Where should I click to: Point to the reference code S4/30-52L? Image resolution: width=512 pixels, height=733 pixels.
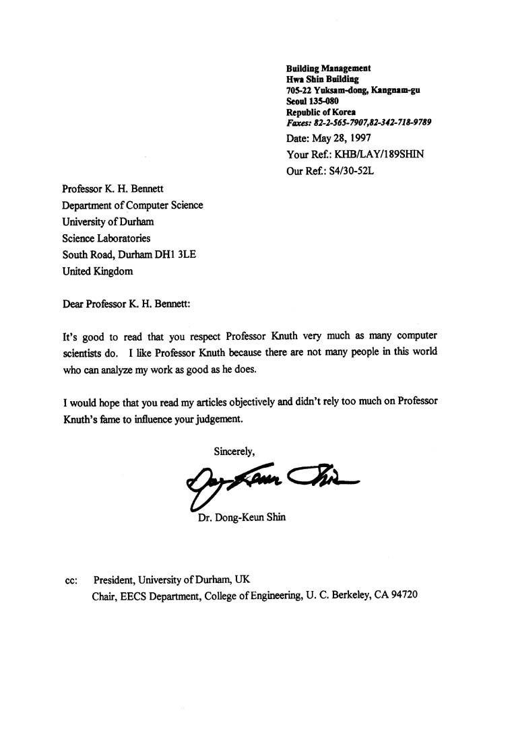coord(349,171)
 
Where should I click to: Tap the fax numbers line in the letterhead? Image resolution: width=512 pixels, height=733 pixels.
coord(358,123)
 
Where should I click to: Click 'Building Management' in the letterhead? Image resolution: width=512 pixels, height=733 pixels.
coord(328,68)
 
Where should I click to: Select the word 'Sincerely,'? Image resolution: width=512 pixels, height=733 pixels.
coord(234,450)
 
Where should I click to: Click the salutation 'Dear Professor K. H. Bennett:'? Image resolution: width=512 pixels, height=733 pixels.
coord(127,304)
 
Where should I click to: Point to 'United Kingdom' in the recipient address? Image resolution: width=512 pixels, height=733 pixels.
coord(98,271)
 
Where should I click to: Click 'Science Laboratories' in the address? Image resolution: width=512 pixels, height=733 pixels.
coord(106,238)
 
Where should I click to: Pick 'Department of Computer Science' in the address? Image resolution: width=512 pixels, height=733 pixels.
coord(133,205)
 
